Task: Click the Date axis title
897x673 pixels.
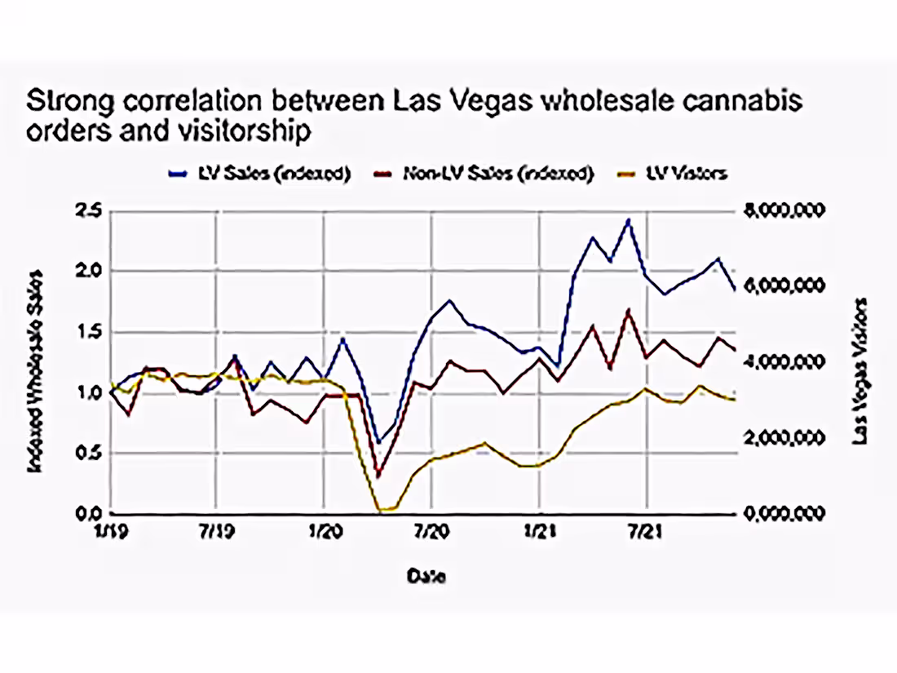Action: [426, 575]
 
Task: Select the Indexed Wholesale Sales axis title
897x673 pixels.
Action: [35, 370]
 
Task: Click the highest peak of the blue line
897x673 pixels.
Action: [628, 219]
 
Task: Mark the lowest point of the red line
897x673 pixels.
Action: [378, 474]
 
